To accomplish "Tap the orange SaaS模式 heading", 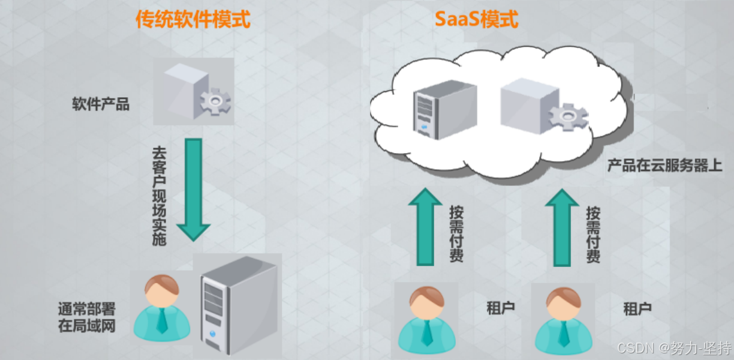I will pyautogui.click(x=476, y=20).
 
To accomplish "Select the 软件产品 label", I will pyautogui.click(x=101, y=104).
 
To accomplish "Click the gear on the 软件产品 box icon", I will pyautogui.click(x=215, y=102).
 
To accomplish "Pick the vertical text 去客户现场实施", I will pyautogui.click(x=159, y=196).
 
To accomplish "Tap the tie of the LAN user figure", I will pyautogui.click(x=162, y=323).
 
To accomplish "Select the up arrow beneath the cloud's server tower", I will pyautogui.click(x=425, y=226).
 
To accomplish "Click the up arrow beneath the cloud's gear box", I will pyautogui.click(x=562, y=226).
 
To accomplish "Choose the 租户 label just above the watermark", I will pyautogui.click(x=637, y=310).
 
